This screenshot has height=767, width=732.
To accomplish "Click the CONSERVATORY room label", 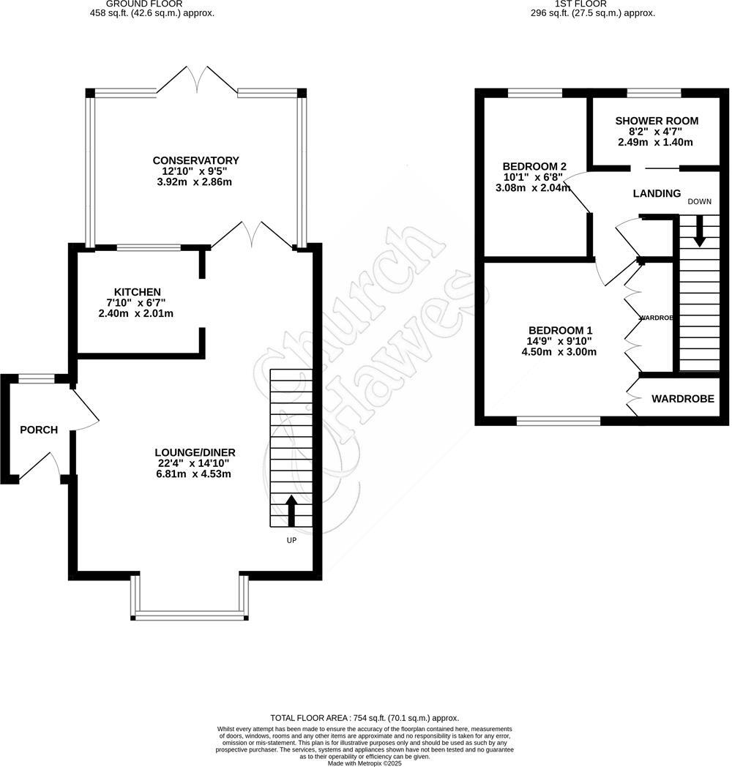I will coord(195,160).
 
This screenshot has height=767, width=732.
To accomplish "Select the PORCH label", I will coord(39,430).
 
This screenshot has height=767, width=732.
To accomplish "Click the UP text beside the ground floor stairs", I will coord(291,540).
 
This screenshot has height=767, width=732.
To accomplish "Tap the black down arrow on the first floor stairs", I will coord(700,231).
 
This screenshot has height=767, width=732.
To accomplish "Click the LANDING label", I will coord(657,193).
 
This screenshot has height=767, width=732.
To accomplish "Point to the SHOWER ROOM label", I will coord(657,121).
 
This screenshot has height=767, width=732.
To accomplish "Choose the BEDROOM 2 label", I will coord(534,165).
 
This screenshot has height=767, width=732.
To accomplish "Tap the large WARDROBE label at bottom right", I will coord(682,399).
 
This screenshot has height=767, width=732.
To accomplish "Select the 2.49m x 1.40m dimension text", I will coord(655,142).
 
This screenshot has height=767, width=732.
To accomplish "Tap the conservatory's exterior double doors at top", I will coord(197,79).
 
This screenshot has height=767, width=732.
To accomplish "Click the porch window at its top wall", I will coord(36,378).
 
